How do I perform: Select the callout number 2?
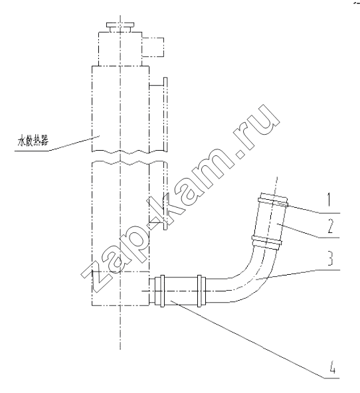click(x=330, y=226)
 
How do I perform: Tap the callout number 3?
click(x=330, y=258)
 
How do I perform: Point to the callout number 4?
click(x=331, y=367)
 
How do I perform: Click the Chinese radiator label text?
click(x=33, y=141)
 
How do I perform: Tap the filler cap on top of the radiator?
click(x=120, y=27)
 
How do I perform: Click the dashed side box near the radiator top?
click(x=153, y=47)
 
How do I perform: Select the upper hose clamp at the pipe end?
click(x=273, y=200)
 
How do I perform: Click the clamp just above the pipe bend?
click(x=267, y=242)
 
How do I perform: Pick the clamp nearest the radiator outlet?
click(x=159, y=291)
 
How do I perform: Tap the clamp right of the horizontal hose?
click(x=201, y=291)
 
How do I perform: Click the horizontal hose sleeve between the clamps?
click(x=181, y=291)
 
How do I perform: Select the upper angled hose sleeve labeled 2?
click(x=270, y=221)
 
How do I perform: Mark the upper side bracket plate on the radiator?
click(x=165, y=114)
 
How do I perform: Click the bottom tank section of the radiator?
click(x=121, y=288)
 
